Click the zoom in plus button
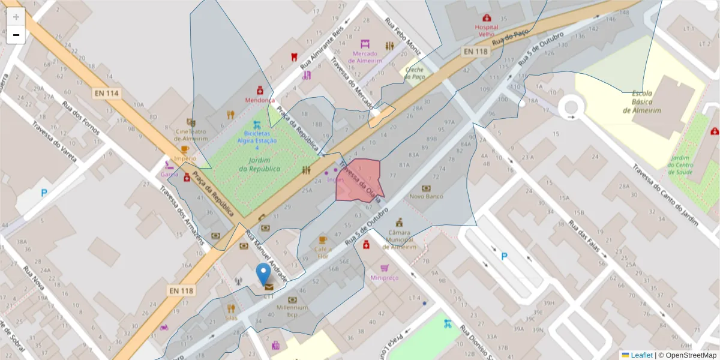click(16, 16)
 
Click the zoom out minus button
click(16, 35)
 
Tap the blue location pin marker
click(263, 274)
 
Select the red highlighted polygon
click(358, 180)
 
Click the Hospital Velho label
click(486, 31)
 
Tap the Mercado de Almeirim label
click(363, 57)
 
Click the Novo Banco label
click(426, 196)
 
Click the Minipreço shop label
click(384, 277)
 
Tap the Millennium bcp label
click(292, 310)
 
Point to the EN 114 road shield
click(107, 93)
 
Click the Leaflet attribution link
click(641, 355)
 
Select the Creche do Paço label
click(415, 73)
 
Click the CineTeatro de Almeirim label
click(191, 134)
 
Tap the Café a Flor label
click(323, 252)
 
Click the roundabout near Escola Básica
click(571, 107)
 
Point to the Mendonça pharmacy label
click(260, 100)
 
